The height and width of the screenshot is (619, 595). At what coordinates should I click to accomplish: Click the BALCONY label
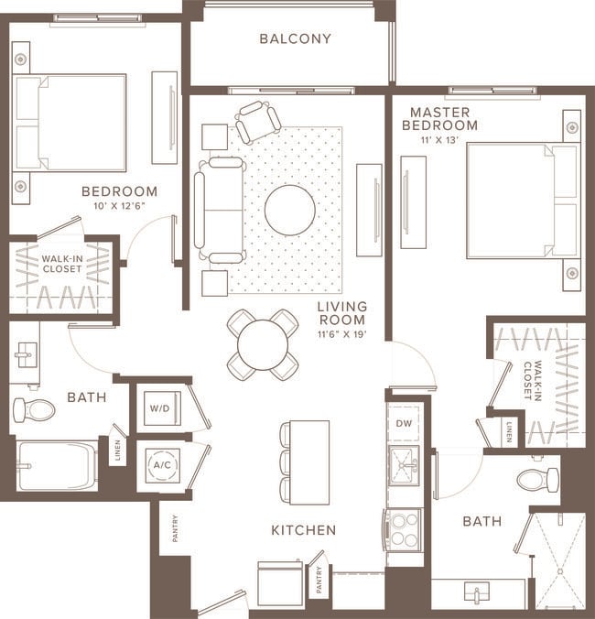(294, 38)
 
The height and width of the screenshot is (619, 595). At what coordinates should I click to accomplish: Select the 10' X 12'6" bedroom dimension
(119, 206)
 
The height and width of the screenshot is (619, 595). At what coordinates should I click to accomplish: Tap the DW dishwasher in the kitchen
(404, 423)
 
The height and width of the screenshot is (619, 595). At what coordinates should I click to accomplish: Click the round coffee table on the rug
(290, 210)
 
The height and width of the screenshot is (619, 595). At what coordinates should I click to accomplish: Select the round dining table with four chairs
(263, 344)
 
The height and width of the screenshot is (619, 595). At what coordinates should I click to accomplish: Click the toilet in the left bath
(33, 409)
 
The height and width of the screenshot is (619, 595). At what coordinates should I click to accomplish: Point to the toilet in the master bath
(537, 479)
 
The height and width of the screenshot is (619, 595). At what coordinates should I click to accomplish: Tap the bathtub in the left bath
(57, 466)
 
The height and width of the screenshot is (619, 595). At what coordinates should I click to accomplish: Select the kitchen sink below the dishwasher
(403, 464)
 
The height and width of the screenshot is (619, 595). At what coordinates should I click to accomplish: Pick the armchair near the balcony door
(257, 120)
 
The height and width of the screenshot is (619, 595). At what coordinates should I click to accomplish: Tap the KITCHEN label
(303, 530)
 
